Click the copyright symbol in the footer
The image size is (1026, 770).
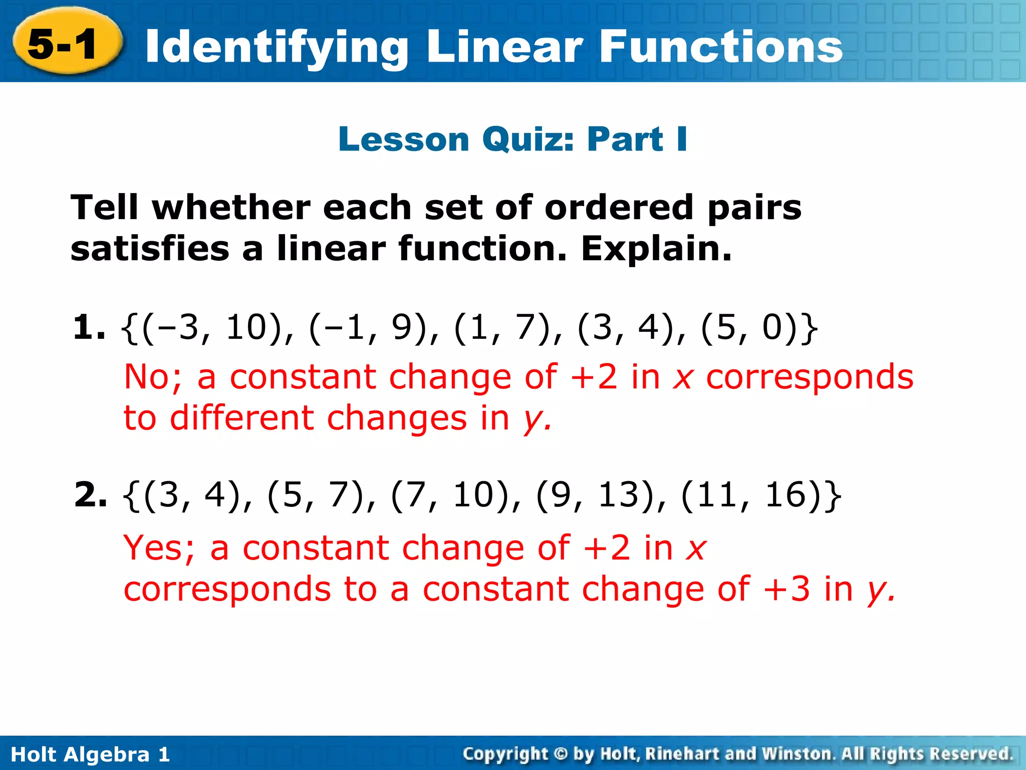pos(561,754)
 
